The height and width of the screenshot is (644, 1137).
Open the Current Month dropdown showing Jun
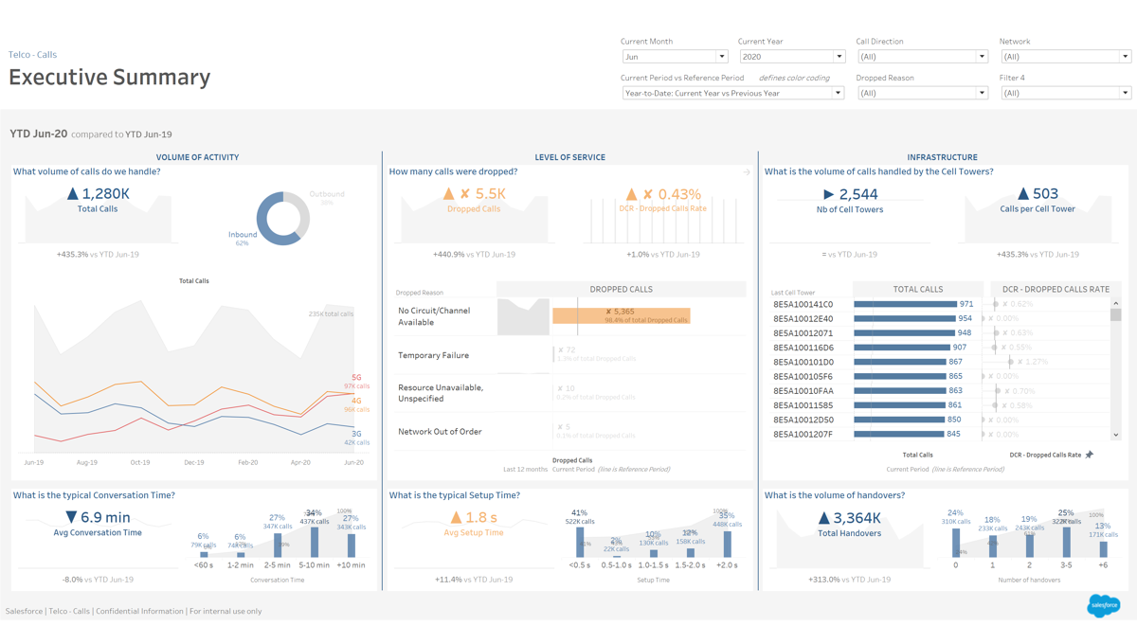point(674,57)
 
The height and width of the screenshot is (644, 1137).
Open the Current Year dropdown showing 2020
point(791,57)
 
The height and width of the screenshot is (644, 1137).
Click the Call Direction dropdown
point(921,57)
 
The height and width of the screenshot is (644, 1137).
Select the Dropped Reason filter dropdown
point(921,93)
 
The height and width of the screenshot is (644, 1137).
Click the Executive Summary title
point(110,78)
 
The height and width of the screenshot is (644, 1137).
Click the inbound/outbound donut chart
point(282,219)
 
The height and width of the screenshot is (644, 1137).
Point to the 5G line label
point(356,378)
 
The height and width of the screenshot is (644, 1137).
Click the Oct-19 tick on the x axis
point(140,462)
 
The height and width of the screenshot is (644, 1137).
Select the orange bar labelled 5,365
point(621,315)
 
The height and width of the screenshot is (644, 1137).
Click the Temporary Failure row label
point(433,355)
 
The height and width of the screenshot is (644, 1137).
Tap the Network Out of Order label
point(440,432)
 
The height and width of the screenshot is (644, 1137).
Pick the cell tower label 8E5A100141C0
point(803,305)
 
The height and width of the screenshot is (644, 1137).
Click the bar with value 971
point(905,305)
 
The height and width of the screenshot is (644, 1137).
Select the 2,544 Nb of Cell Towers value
point(852,194)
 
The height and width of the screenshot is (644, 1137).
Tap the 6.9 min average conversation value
point(99,517)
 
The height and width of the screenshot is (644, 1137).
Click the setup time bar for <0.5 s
point(580,543)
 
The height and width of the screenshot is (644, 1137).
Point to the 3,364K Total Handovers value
point(850,517)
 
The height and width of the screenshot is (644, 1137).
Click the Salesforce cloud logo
point(1103,605)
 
